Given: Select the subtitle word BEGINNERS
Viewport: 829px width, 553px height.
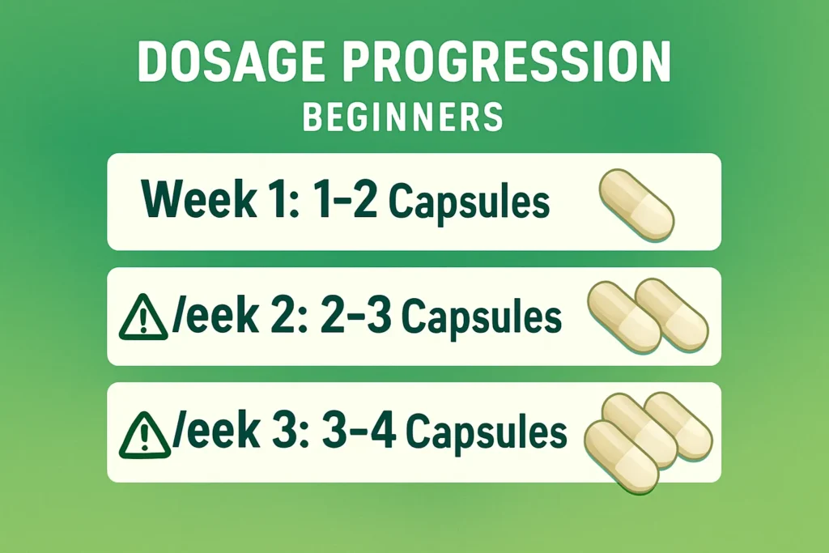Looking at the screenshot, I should (402, 118).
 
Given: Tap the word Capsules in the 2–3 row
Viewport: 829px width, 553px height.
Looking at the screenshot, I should (482, 319).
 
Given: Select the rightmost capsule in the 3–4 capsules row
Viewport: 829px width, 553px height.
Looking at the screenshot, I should (679, 426).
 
